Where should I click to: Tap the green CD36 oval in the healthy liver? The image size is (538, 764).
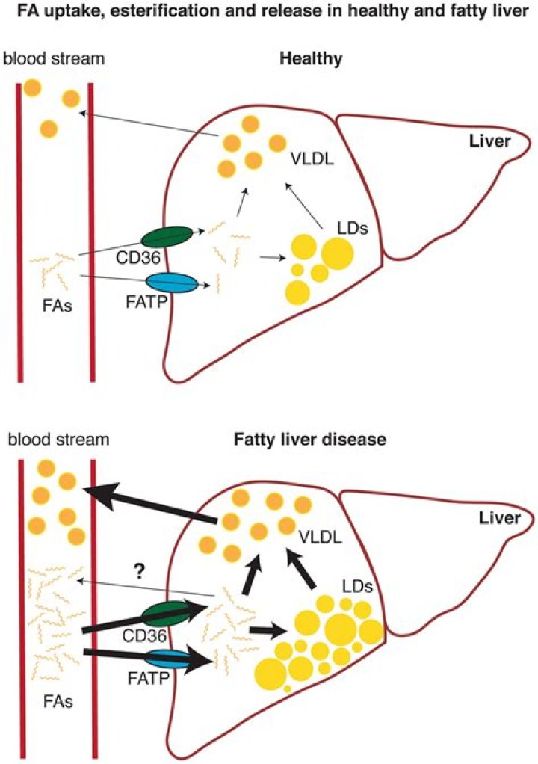tap(165, 237)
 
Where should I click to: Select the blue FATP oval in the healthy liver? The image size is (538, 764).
tap(172, 283)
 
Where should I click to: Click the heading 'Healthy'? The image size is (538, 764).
tap(305, 59)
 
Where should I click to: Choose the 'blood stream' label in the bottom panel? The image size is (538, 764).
tap(58, 439)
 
